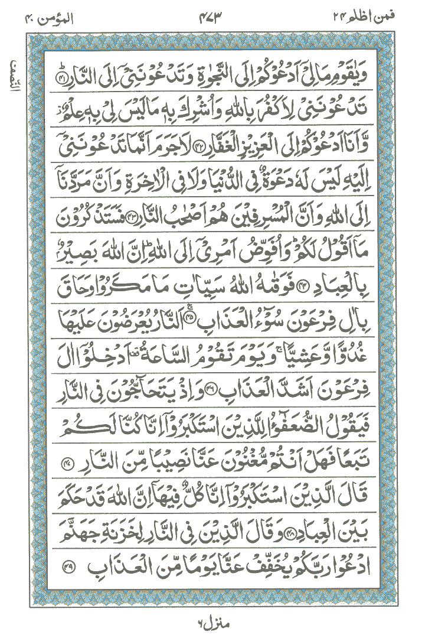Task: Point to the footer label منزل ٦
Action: [212, 623]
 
